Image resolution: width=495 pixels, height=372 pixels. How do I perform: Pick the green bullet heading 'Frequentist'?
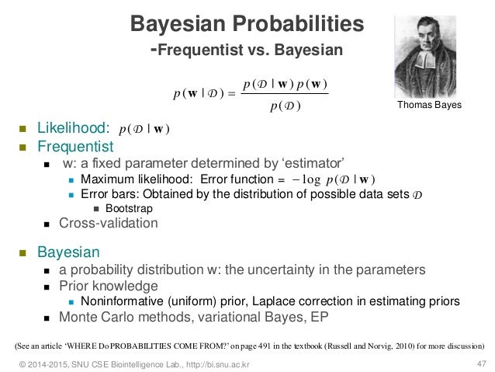tap(74, 146)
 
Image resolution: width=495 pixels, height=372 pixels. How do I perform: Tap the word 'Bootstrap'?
tap(129, 208)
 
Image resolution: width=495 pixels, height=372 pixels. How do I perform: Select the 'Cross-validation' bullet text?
tap(110, 224)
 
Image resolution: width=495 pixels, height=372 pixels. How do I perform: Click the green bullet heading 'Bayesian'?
tap(67, 252)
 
